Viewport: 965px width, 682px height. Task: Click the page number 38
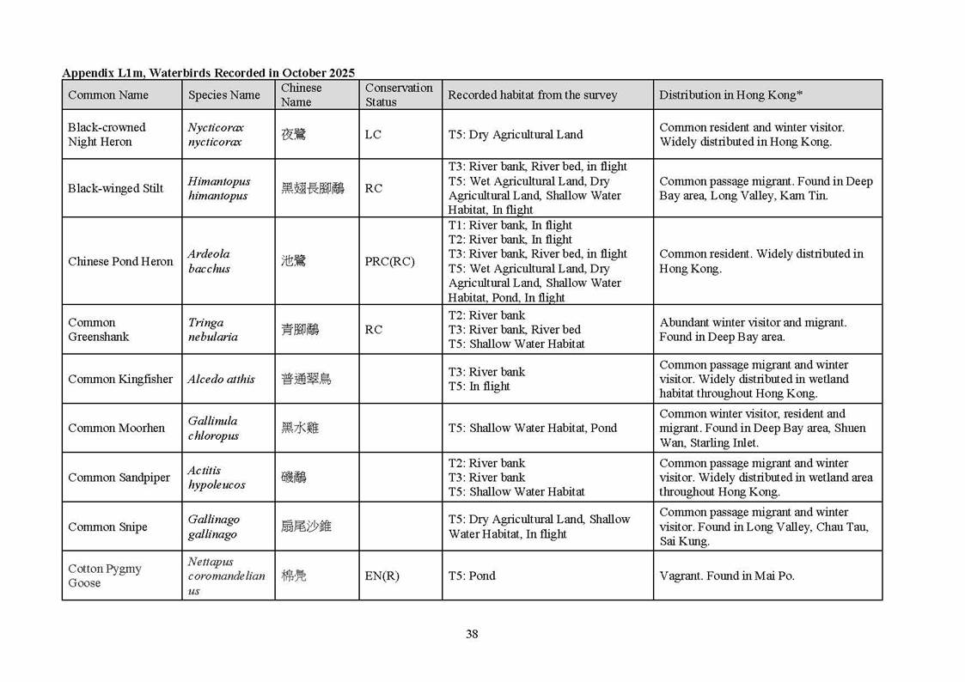click(x=472, y=635)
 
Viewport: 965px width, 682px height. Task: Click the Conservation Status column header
click(x=399, y=94)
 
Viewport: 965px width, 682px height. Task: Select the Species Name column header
click(x=223, y=95)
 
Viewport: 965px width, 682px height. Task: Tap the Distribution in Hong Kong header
click(x=730, y=95)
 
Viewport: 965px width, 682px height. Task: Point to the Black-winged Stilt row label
click(x=115, y=188)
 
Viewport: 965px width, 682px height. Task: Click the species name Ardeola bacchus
click(x=209, y=261)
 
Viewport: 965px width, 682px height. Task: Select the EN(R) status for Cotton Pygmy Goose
click(x=382, y=575)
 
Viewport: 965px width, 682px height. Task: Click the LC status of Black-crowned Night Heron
click(x=373, y=135)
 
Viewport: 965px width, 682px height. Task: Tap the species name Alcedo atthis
click(x=221, y=379)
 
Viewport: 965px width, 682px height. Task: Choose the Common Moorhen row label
click(x=116, y=428)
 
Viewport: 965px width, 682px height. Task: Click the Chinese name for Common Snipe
click(x=306, y=527)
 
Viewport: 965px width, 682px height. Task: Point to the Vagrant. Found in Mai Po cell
click(x=726, y=575)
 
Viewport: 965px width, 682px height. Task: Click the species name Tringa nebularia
click(x=206, y=330)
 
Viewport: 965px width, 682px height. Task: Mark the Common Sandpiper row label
click(x=119, y=478)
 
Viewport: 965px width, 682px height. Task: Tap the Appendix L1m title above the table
click(x=208, y=72)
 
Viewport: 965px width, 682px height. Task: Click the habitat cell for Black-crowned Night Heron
click(x=515, y=135)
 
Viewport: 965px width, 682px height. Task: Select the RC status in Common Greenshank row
click(x=373, y=330)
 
